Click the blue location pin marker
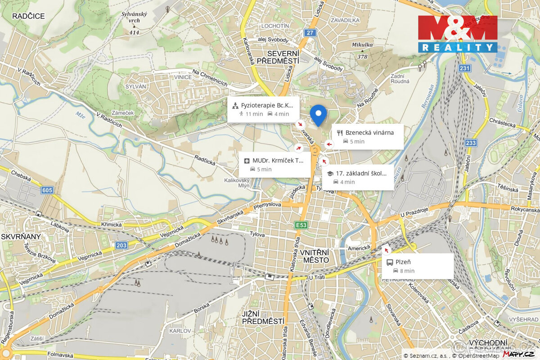click(318, 114)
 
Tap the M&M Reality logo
click(457, 34)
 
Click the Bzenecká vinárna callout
click(368, 136)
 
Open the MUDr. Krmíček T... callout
click(274, 164)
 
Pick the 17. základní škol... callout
click(358, 177)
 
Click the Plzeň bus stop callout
click(418, 266)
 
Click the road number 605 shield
click(47, 190)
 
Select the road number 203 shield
click(121, 245)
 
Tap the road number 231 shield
click(465, 68)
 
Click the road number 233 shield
click(471, 143)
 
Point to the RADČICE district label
click(28, 16)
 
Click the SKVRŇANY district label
click(21, 236)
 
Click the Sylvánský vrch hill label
click(134, 17)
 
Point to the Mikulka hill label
click(362, 45)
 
